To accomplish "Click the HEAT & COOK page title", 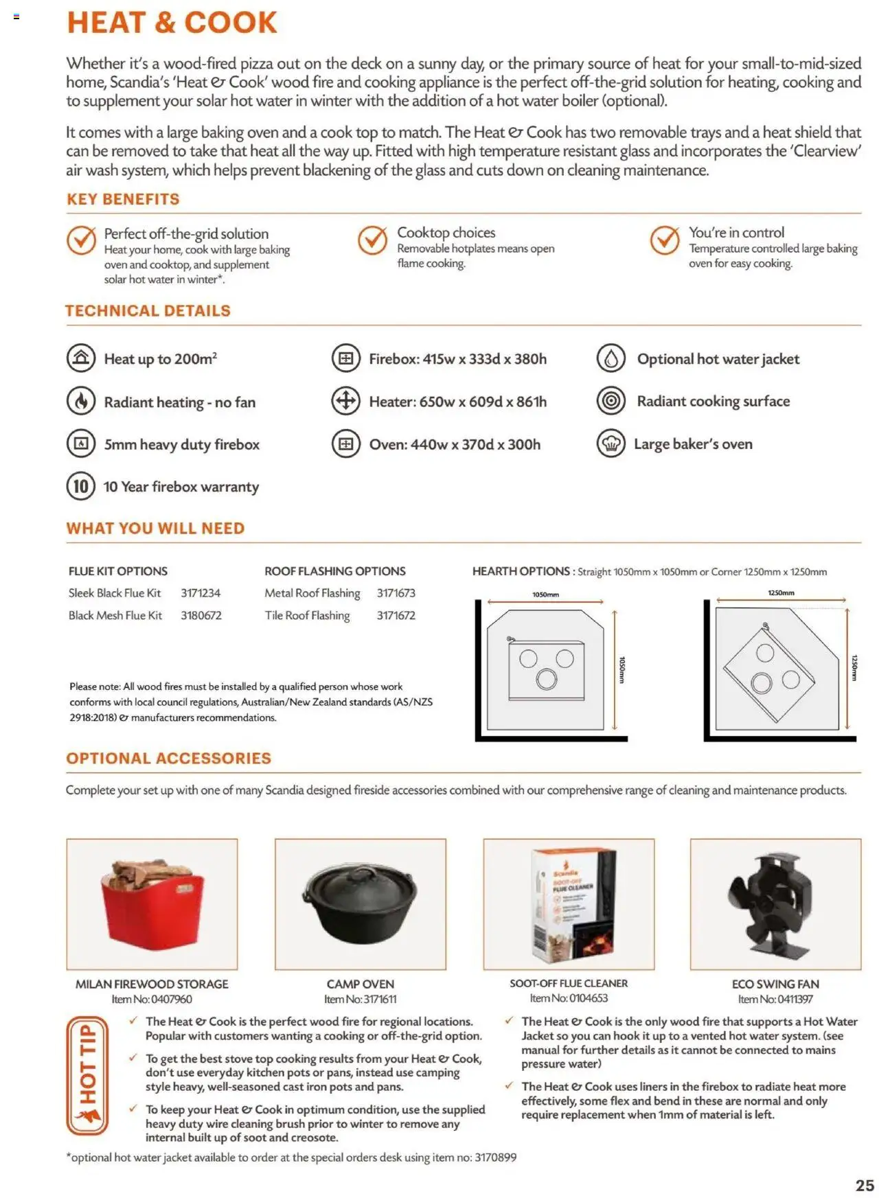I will coord(172,23).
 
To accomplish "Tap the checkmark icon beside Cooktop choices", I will coord(372,240).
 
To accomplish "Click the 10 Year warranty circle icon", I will coord(80,486).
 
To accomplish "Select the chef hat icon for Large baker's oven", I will coord(610,444).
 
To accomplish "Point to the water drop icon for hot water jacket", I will coord(610,358).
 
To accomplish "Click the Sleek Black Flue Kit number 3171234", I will coord(201,593).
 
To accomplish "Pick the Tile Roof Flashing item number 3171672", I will coord(396,616).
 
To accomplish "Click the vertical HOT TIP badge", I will coord(87,1075).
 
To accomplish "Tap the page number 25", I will coord(865,1186).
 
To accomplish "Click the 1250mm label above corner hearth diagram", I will coord(781,592).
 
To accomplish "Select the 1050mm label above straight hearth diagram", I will coord(545,595).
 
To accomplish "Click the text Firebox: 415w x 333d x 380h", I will coord(457,359).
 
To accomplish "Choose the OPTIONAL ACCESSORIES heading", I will coord(169,758).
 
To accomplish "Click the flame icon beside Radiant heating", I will coord(81,401).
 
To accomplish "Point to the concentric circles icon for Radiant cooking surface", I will coord(610,401).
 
